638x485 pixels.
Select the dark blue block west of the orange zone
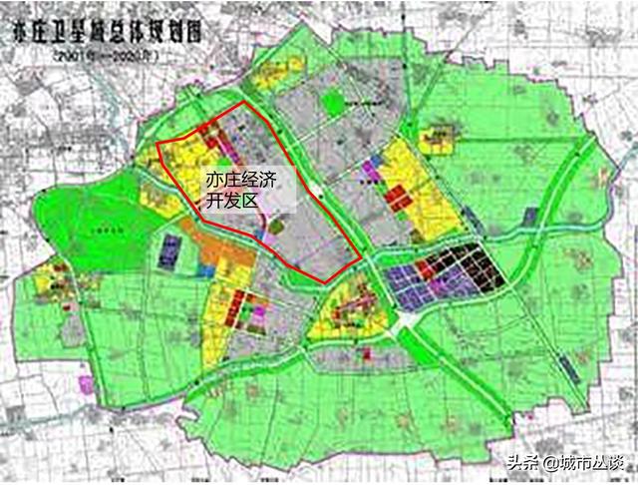click(x=169, y=248)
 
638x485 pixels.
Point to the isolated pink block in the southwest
click(x=88, y=383)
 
